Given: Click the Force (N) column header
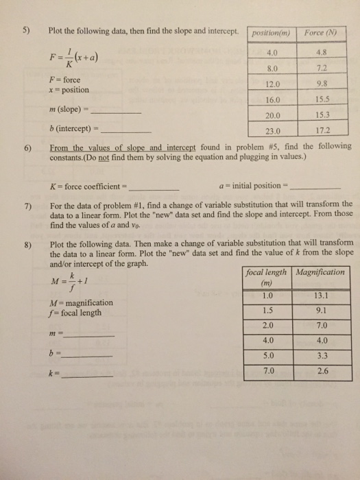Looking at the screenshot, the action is [x=324, y=32].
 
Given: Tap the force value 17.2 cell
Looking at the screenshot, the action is [x=324, y=130].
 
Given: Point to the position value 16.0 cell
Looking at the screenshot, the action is [x=272, y=101].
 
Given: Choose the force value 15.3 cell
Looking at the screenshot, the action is [x=324, y=115].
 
